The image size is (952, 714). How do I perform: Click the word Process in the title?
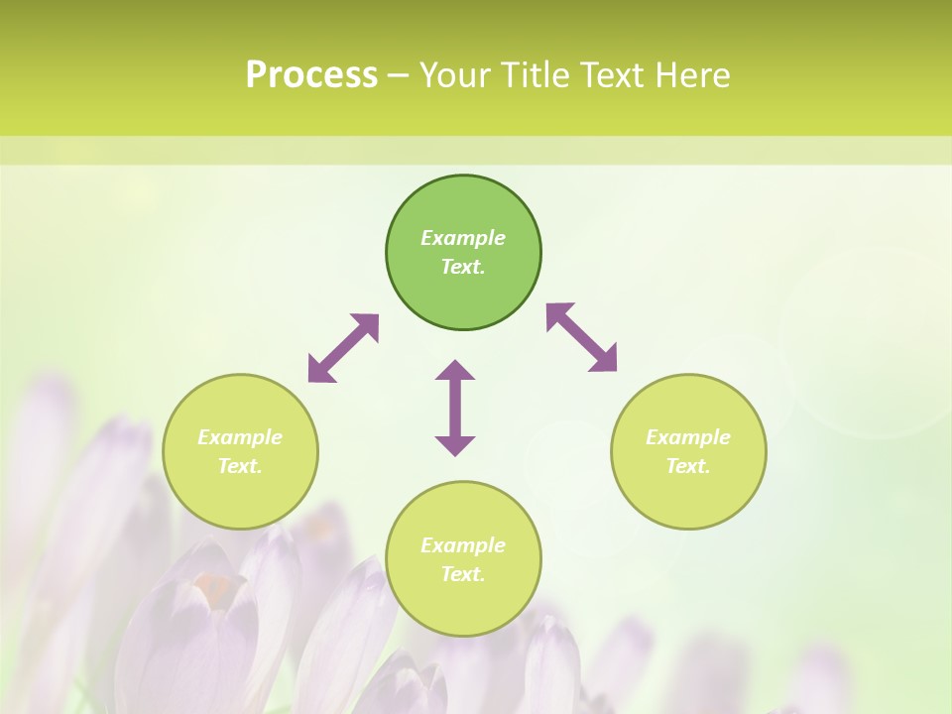[x=311, y=75]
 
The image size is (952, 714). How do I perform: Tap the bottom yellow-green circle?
[x=463, y=604]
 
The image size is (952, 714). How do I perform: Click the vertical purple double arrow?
[x=455, y=408]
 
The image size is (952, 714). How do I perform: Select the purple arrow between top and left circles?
[x=343, y=348]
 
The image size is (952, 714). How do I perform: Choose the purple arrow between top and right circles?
[x=582, y=337]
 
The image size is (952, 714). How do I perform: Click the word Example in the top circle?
[x=463, y=238]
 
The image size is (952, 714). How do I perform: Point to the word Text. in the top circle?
[x=463, y=267]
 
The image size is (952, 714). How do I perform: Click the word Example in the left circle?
[x=240, y=437]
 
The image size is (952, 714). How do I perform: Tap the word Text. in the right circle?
[x=688, y=466]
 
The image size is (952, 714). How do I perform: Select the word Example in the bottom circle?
[x=463, y=545]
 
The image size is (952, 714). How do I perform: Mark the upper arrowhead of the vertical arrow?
[x=455, y=372]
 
